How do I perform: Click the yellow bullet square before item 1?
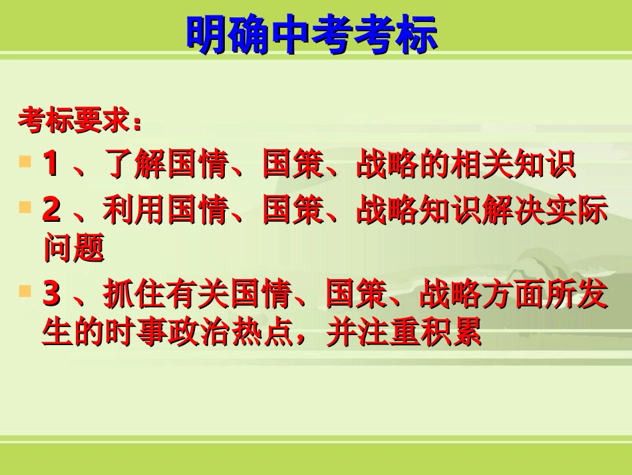25,162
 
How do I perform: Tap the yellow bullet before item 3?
25,291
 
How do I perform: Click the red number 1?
51,165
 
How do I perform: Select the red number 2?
51,211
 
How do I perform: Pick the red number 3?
51,295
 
